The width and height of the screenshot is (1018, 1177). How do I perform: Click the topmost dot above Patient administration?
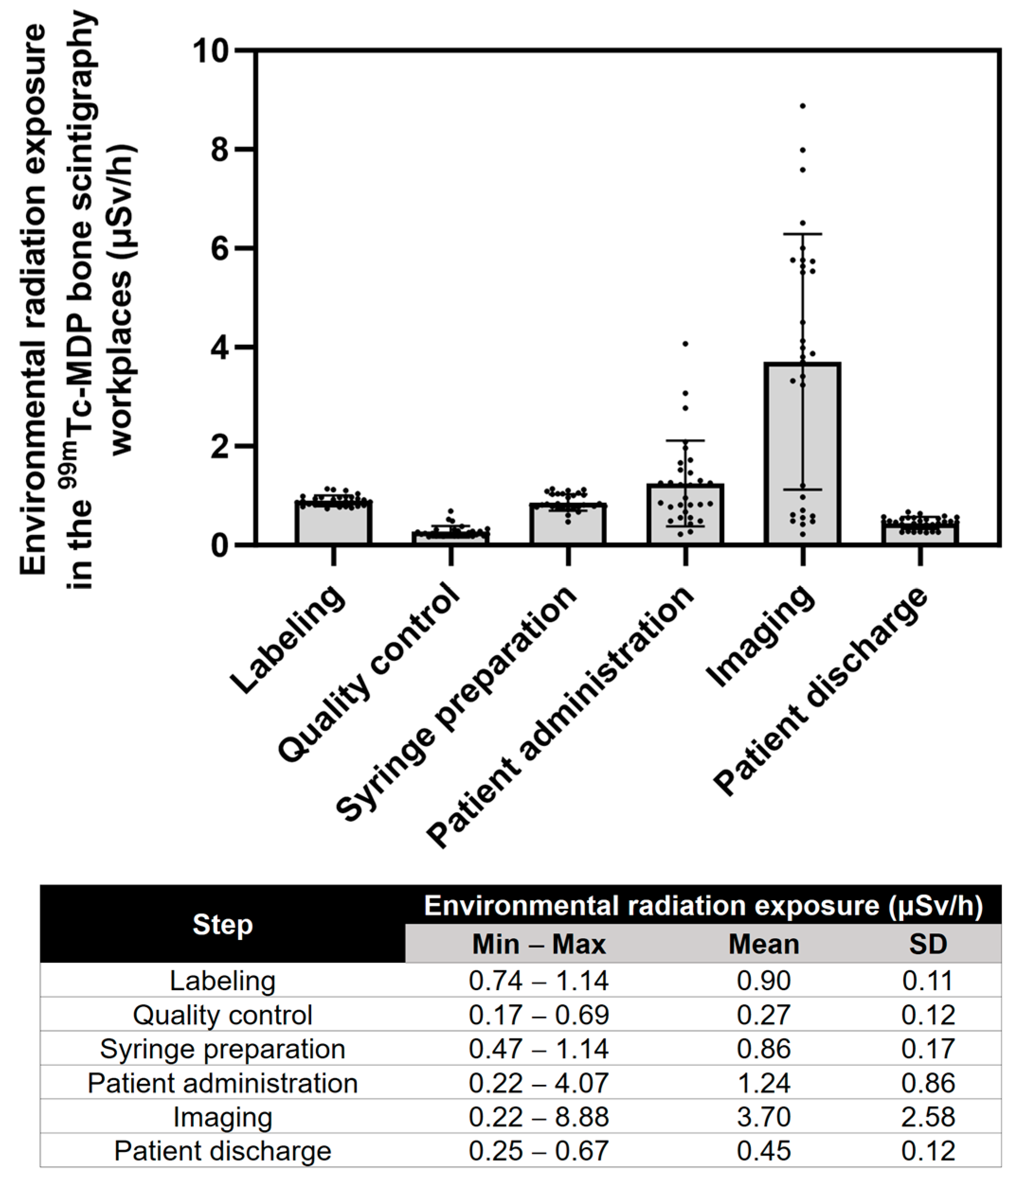[686, 343]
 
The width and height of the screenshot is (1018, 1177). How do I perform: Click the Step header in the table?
[222, 924]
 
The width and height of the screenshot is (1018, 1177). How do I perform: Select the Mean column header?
[763, 945]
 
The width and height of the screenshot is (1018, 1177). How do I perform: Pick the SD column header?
[928, 945]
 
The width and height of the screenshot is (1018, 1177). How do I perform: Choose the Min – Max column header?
[538, 945]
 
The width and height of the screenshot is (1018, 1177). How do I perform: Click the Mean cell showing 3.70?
[763, 1117]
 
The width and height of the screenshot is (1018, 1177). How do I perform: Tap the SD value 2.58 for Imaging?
[928, 1117]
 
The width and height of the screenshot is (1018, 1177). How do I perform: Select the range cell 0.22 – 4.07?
[538, 1083]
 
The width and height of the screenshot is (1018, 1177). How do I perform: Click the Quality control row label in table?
[222, 1015]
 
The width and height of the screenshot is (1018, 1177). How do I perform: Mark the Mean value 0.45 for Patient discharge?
[763, 1151]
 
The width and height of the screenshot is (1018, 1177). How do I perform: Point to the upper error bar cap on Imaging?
[803, 234]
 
